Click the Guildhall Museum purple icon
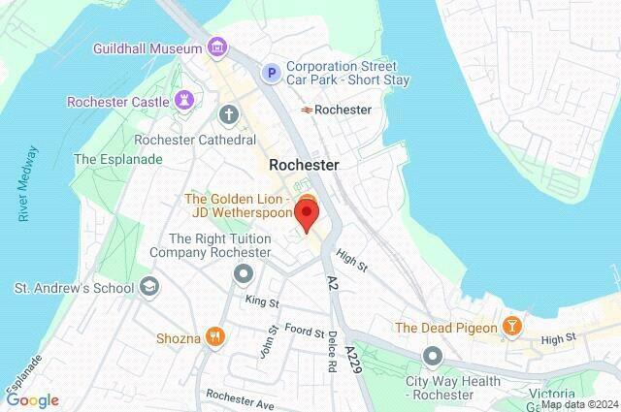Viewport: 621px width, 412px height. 217,48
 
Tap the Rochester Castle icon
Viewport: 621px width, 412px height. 184,101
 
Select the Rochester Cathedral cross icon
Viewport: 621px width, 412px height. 229,116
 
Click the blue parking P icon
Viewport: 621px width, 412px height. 273,72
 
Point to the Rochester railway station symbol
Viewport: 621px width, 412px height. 306,110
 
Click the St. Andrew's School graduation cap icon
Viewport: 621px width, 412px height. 148,287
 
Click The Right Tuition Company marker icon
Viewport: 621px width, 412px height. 242,275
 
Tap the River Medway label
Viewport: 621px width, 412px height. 29,184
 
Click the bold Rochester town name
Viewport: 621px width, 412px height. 304,165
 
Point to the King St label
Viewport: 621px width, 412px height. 261,301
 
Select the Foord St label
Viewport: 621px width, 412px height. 305,332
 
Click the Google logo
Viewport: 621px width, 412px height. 33,399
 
